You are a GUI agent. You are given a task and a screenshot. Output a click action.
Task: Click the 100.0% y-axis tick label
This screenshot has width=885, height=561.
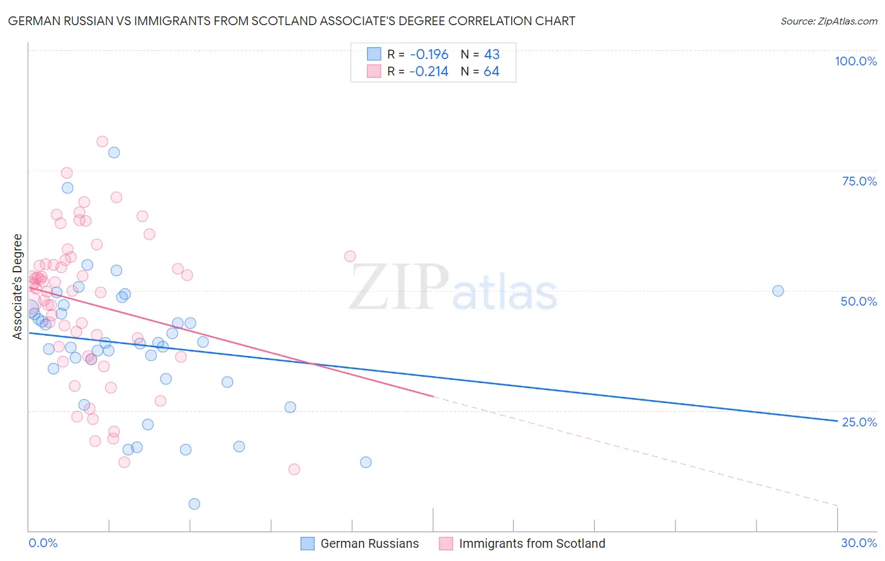855,61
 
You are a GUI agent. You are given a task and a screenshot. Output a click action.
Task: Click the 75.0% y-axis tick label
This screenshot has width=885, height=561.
859,181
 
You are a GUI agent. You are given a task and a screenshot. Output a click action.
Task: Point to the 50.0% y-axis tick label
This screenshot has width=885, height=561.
859,301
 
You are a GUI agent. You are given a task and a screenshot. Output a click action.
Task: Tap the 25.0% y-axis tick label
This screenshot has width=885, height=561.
859,422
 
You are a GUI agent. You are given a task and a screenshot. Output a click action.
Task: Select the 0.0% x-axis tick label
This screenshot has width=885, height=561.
43,543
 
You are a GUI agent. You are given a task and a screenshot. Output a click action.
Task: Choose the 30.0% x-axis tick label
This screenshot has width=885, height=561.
859,543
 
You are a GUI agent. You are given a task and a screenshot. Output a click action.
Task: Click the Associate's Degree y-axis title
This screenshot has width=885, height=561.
18,286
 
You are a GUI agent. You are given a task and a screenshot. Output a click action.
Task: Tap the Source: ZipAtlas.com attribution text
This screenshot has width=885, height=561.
828,21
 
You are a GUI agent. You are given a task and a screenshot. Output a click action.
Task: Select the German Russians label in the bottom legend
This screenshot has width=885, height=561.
369,543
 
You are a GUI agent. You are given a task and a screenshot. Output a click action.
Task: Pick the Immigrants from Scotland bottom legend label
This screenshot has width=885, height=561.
532,543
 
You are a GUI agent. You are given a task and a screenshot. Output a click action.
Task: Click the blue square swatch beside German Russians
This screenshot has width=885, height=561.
307,543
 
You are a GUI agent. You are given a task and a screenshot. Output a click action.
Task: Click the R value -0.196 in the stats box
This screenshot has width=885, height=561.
429,54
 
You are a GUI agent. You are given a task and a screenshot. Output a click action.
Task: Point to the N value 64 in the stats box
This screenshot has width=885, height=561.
492,72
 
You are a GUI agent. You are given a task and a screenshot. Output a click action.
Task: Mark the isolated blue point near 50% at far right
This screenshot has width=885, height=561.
778,291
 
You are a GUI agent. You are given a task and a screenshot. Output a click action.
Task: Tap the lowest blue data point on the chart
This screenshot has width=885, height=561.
194,504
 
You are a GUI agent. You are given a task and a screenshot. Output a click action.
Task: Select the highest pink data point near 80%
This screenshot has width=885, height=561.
102,142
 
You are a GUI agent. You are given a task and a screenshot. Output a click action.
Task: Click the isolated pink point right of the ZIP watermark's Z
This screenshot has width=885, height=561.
350,256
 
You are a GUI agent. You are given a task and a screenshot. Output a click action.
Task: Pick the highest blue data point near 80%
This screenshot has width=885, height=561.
114,152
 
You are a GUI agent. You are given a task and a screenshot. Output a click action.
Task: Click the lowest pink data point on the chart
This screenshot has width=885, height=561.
294,469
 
